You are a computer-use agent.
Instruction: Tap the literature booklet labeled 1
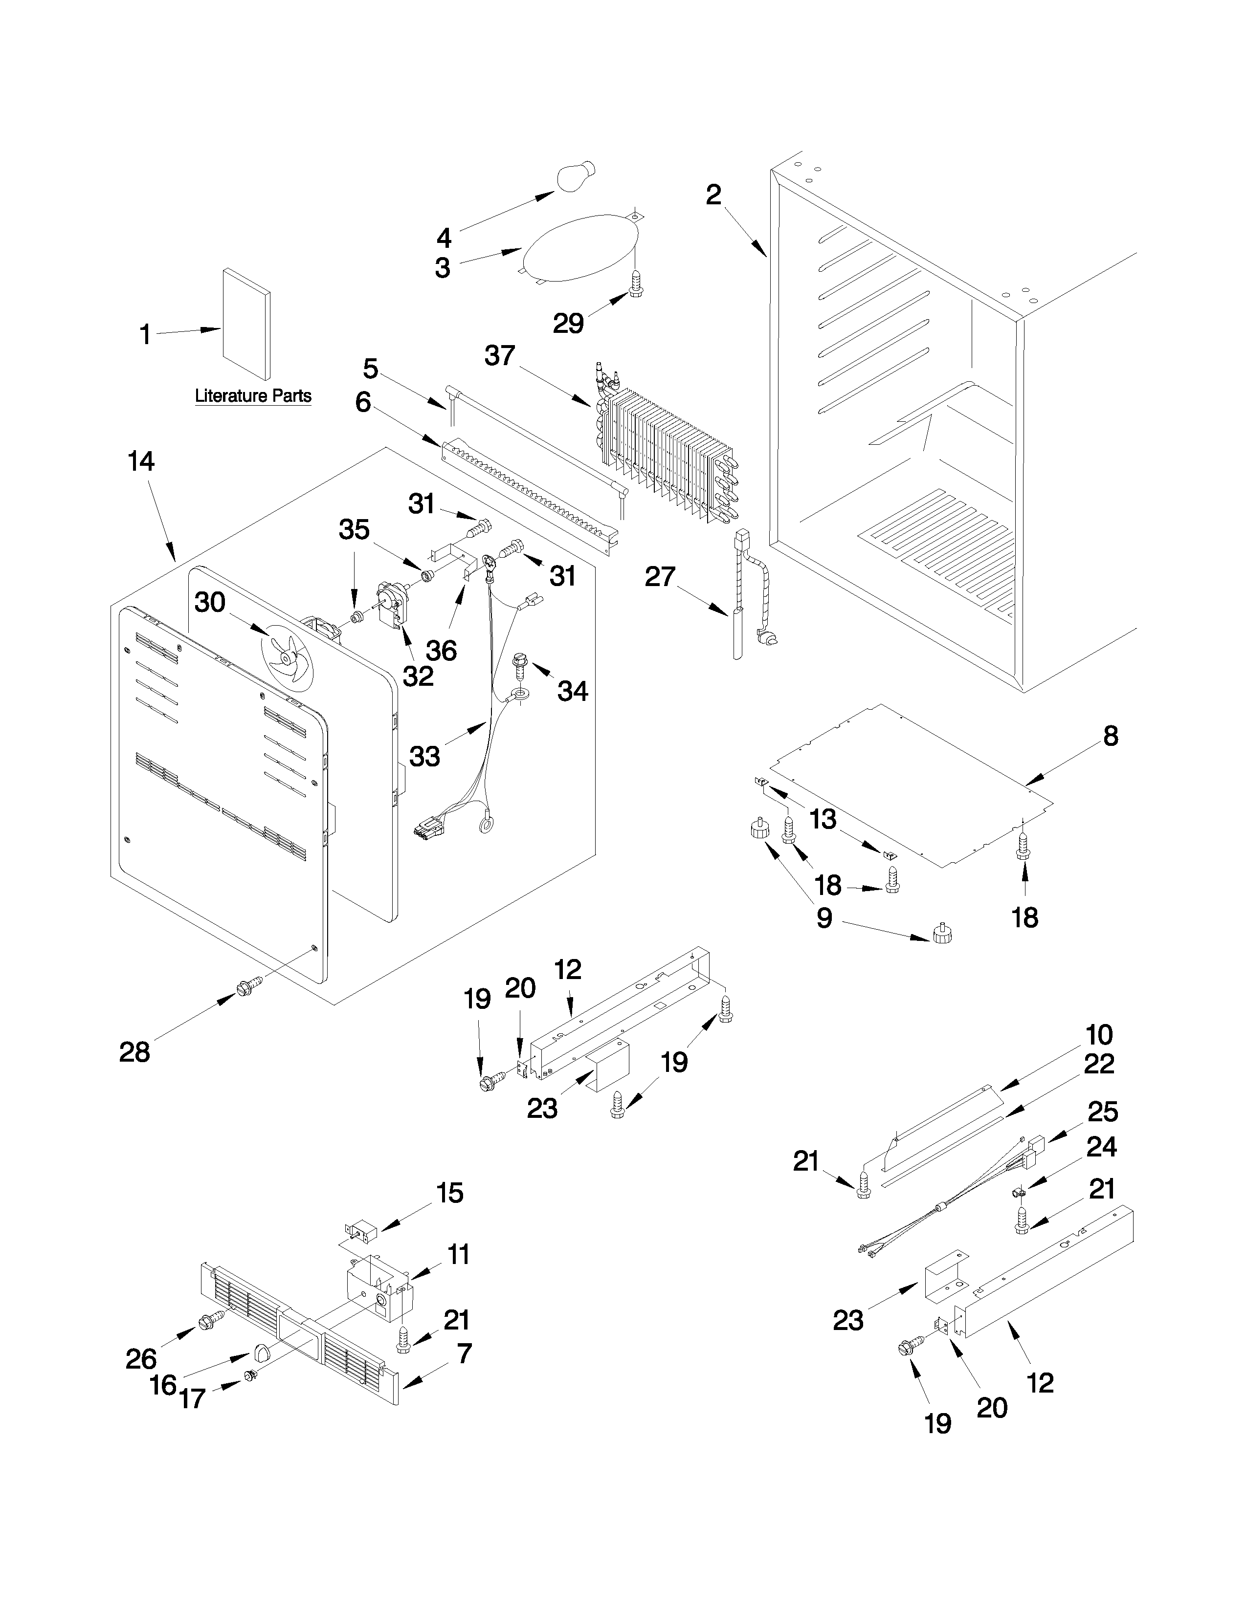tap(246, 324)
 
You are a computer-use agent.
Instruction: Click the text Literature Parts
tap(253, 396)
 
